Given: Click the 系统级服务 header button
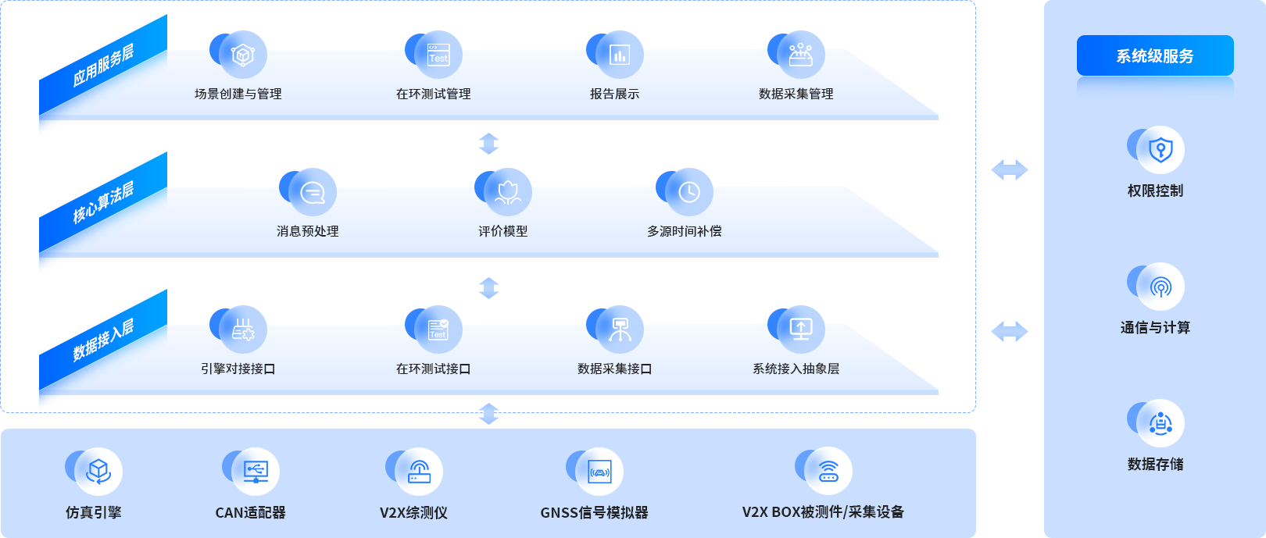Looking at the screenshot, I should coord(1155,56).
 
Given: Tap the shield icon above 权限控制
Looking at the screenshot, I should coord(1160,149).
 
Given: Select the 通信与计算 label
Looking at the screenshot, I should coord(1155,328).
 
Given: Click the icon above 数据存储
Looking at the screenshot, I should coord(1160,423).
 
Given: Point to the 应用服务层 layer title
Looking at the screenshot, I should coord(103,66).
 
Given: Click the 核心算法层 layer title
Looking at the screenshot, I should coord(103,202).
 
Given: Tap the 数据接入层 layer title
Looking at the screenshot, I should coord(103,340).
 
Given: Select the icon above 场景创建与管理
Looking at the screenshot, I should coord(243,55).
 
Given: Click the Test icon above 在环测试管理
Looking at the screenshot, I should coord(438,55).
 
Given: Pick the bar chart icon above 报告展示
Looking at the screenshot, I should coord(620,55).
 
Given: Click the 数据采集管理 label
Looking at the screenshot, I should coord(796,94).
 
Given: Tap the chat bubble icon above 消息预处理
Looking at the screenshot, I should coord(313,192).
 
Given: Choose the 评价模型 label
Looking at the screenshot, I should coord(503,231).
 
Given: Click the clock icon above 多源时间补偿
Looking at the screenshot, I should coord(689,192).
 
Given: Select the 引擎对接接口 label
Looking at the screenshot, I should coord(238,369).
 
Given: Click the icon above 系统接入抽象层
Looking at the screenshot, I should coord(801,330).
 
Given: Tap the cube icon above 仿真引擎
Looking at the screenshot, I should coord(98,471).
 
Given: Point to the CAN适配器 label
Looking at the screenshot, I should coord(250,513).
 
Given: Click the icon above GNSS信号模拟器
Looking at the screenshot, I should coord(599,471).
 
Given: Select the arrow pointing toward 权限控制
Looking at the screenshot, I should coord(1009,169).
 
